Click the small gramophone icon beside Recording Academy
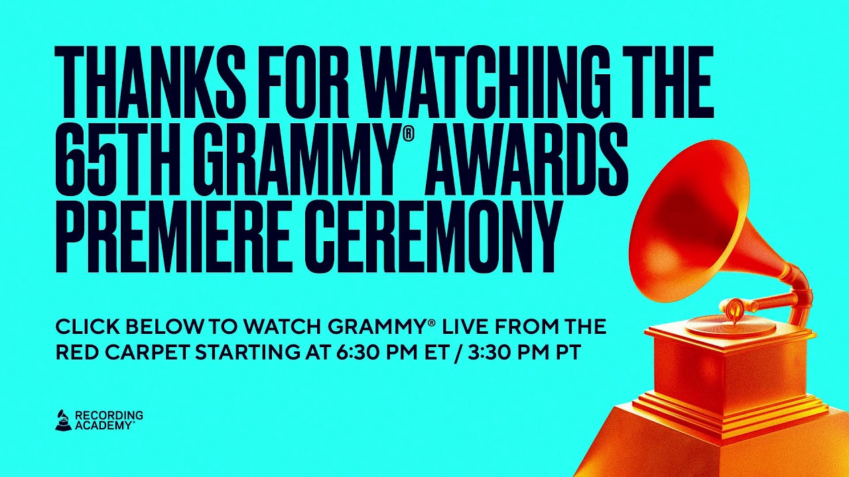[63, 420]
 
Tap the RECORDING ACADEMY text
[109, 420]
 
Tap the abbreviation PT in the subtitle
[568, 352]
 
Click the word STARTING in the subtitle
[246, 352]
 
